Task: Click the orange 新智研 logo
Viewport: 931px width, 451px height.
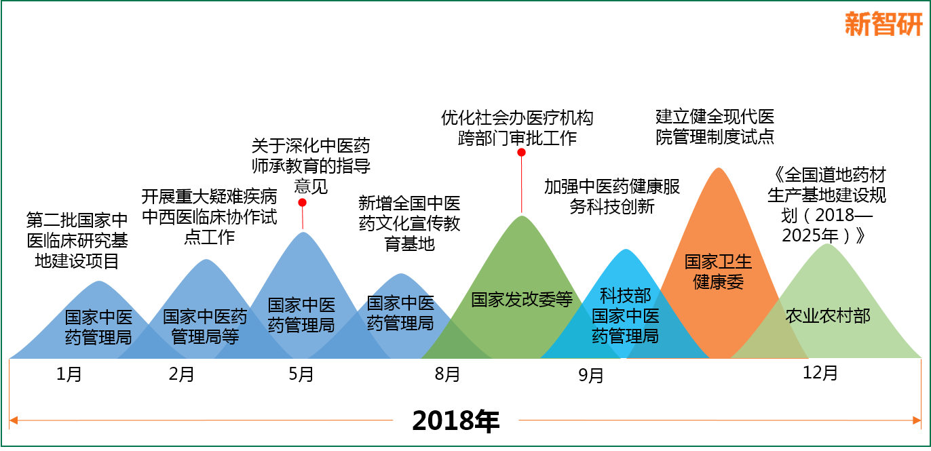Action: (883, 24)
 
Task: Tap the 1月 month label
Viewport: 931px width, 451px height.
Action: (69, 374)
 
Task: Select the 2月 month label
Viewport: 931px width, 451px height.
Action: (181, 374)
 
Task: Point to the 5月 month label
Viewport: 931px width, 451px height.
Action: (301, 374)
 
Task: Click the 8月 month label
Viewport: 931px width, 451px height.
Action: (447, 374)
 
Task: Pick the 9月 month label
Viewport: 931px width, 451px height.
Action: (590, 376)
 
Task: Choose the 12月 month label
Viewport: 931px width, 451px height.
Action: (820, 373)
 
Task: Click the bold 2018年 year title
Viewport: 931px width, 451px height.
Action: (455, 420)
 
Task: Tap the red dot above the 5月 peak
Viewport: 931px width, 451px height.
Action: (303, 203)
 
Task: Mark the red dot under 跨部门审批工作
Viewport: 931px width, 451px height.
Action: (521, 153)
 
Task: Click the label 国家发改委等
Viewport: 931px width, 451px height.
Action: (522, 299)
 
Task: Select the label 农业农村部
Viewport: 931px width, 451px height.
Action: (827, 316)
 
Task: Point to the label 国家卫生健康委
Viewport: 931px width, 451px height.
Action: (718, 272)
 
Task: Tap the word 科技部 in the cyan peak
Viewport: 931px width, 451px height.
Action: (625, 296)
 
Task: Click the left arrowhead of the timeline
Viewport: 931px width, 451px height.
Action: (13, 420)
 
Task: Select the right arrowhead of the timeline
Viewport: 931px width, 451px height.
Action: (917, 420)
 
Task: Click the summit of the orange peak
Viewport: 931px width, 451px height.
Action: (719, 168)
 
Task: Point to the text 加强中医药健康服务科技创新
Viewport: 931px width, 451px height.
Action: (612, 197)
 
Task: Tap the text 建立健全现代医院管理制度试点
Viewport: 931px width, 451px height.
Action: (715, 127)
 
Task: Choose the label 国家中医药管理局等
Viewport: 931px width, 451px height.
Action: (205, 327)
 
